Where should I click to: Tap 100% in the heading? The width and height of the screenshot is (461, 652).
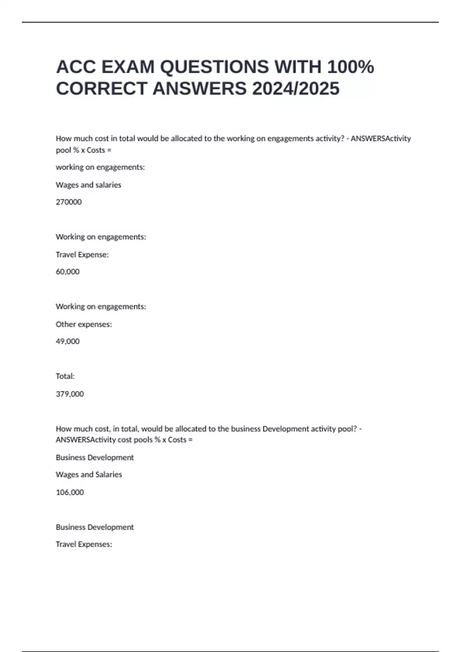pos(350,67)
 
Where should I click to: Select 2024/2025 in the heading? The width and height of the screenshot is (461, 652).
pos(296,89)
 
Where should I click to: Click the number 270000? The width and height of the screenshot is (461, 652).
pos(69,202)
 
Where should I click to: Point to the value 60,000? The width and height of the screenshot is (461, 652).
pos(68,272)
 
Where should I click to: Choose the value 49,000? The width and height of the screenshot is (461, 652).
pos(68,341)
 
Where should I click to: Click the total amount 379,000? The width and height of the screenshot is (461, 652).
pos(70,394)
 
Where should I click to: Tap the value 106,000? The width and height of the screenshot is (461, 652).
pos(70,492)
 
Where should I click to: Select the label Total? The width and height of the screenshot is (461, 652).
pos(65,376)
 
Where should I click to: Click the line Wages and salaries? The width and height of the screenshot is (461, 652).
pos(88,185)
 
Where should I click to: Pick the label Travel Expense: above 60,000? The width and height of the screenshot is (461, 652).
pos(82,255)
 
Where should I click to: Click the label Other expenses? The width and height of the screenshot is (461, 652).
pos(84,324)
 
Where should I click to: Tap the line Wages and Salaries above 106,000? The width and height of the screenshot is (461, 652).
pos(89,474)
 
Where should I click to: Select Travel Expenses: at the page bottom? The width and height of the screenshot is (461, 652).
pos(84,544)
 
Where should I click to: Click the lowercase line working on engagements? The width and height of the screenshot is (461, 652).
pos(100,167)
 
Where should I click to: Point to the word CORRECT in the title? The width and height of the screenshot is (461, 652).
pos(101,89)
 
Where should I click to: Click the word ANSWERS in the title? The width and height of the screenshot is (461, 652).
pos(199,89)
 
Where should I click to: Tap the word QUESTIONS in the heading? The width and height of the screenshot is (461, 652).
pos(214,67)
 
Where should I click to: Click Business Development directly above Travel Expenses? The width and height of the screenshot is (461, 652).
pos(95,527)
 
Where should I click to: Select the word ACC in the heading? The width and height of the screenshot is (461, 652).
pos(76,67)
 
